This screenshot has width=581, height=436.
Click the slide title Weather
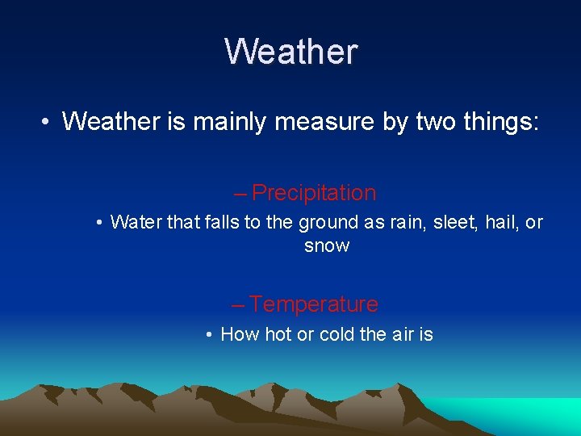coord(290,52)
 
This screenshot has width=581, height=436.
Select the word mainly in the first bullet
coord(234,121)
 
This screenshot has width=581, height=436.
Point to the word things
coord(493,121)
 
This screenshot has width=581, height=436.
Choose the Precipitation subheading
coord(313,193)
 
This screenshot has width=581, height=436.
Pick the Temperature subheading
coord(313,304)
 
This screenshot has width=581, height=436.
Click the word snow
coord(327,246)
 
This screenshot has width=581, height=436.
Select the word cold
coord(337,334)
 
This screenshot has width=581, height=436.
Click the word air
coord(402,334)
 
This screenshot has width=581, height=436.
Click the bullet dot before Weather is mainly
coord(48,123)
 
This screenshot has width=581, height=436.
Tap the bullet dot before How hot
coord(209,335)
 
